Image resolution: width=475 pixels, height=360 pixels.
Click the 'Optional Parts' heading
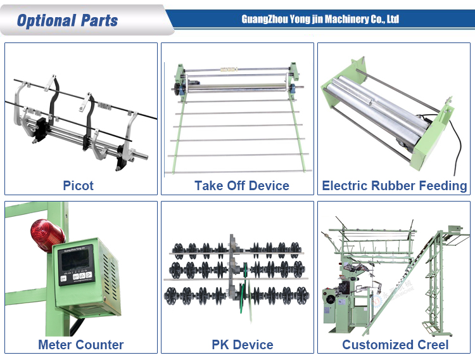pos(68,20)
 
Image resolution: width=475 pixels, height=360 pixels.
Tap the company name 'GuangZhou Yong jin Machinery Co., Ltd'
pos(320,19)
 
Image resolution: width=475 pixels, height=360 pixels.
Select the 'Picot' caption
pos(79,186)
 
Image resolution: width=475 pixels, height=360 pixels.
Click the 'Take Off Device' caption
pos(242,186)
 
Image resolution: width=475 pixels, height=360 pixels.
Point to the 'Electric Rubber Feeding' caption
pos(395,186)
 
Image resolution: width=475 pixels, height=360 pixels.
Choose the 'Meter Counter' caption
pos(80,345)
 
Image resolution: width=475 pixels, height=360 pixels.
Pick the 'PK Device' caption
pos(243,345)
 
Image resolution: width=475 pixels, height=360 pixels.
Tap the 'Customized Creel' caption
pos(395,345)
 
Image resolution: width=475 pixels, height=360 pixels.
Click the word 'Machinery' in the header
pos(343,19)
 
